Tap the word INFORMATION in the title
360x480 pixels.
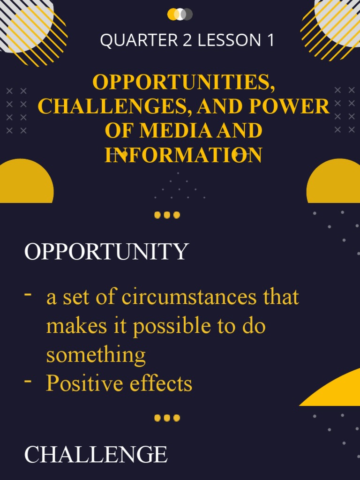[x=183, y=155]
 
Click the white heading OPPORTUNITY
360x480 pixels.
[x=106, y=252]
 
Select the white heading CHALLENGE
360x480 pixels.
[x=96, y=455]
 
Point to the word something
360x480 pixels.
[x=96, y=355]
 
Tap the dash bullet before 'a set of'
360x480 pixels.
[x=28, y=294]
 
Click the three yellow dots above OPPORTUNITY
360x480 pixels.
[x=167, y=215]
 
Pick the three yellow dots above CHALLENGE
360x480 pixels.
[x=167, y=418]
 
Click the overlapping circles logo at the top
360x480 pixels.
[x=180, y=15]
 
